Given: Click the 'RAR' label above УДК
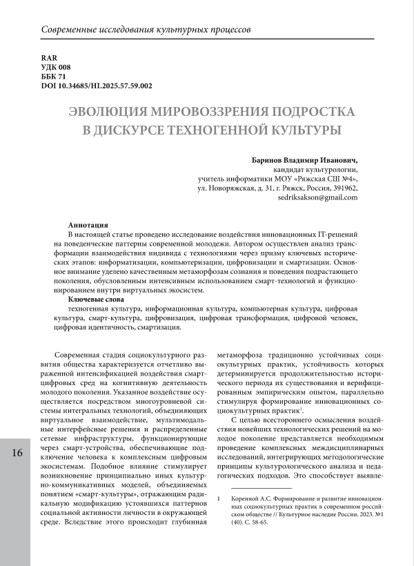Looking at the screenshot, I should [48, 57].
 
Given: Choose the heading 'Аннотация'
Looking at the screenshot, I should [88, 226].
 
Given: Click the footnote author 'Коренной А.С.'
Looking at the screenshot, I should [251, 498].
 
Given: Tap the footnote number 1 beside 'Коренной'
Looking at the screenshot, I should [219, 498].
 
